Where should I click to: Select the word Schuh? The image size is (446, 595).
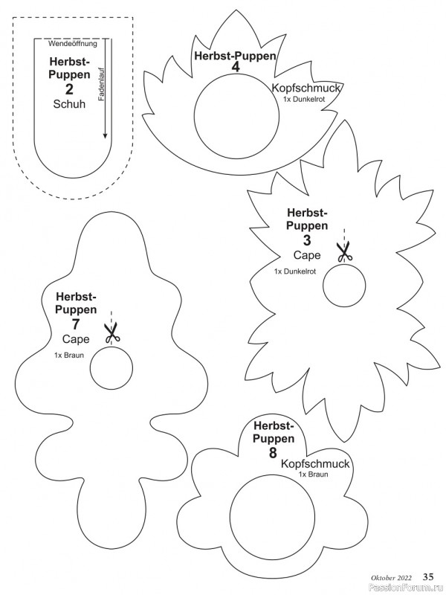(x=70, y=105)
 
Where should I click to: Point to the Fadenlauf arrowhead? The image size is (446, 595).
(x=105, y=135)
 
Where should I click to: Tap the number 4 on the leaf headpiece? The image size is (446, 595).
(x=235, y=68)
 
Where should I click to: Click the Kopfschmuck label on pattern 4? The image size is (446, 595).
(x=306, y=88)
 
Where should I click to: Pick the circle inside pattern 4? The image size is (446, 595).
(x=227, y=116)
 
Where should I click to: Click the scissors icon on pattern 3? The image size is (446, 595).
(x=344, y=252)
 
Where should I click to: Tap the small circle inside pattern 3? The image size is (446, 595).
(x=345, y=285)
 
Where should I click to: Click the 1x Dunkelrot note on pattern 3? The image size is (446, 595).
(x=295, y=271)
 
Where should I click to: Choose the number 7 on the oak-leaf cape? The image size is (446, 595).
(x=76, y=324)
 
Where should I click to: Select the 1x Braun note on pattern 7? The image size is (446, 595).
(x=69, y=356)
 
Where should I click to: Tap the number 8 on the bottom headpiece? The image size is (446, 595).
(x=274, y=451)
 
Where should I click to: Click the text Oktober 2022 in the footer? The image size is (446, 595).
(x=392, y=577)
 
